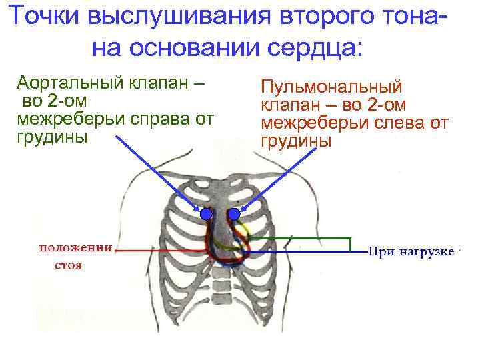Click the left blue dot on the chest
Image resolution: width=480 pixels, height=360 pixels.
click(206, 215)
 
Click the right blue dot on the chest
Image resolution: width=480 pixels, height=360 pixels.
click(234, 215)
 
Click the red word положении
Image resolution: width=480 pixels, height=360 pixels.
click(75, 248)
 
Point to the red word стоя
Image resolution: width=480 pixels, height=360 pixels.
click(67, 265)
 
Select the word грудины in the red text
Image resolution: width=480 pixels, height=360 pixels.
click(296, 141)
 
